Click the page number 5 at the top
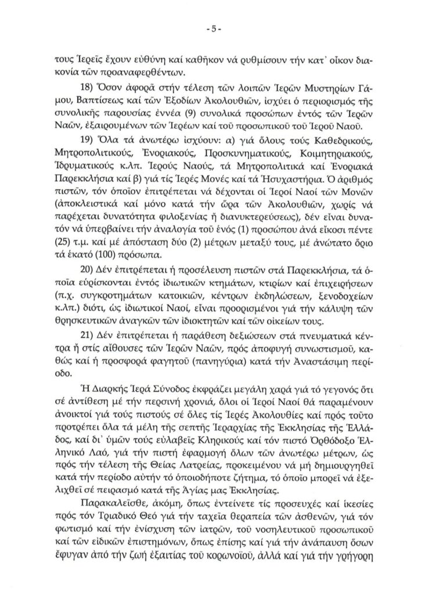(212, 27)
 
